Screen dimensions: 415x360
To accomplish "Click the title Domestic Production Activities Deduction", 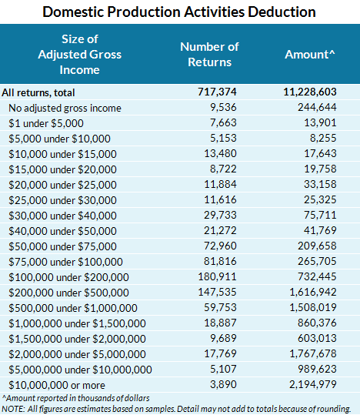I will coord(180,12).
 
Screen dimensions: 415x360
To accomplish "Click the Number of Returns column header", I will coord(209,54).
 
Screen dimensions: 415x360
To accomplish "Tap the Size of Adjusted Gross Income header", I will coord(69,54).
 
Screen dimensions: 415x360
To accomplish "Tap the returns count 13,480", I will coord(224,154).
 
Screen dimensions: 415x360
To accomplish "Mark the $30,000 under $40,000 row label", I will coord(62,216).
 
